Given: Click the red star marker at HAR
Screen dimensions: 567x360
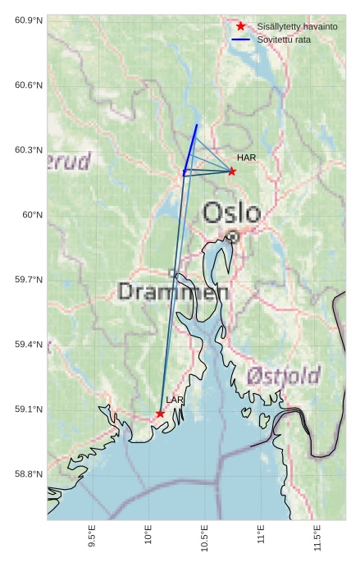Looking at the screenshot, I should click(x=231, y=171).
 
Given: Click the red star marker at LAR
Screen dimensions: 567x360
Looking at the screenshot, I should click(x=160, y=414).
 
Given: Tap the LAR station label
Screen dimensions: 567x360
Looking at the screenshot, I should click(x=175, y=400).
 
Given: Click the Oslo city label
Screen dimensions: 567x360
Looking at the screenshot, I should click(x=231, y=213).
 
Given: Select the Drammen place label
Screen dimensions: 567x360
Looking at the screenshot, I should click(x=173, y=291).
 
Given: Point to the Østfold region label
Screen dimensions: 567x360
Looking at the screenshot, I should click(x=284, y=377).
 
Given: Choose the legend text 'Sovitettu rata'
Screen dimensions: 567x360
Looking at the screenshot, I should click(x=284, y=39).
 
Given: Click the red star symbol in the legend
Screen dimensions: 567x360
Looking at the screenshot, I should click(x=240, y=26).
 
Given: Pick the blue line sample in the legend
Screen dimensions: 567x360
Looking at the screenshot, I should click(x=240, y=39).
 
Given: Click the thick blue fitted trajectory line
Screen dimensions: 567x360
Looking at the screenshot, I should click(x=190, y=148).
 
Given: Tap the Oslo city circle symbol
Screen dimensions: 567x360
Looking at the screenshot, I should click(x=233, y=236).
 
